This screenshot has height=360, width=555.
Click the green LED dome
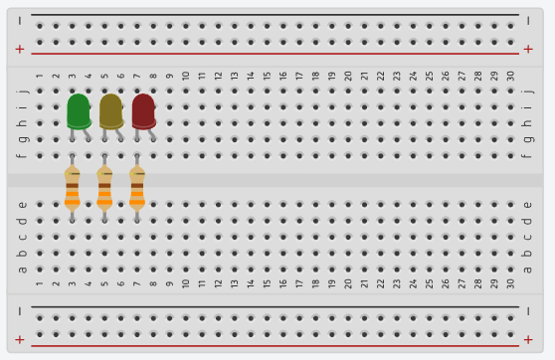click(79, 111)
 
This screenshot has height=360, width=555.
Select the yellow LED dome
click(111, 111)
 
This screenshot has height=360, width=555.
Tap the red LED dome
click(143, 111)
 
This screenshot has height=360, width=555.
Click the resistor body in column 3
click(73, 188)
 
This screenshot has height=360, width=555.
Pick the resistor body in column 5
click(104, 188)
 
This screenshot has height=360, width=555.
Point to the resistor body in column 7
click(137, 188)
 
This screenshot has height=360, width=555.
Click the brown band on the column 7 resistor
click(137, 186)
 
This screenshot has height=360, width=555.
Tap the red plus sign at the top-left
click(20, 49)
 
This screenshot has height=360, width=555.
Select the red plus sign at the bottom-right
click(528, 340)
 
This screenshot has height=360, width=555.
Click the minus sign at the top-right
click(528, 21)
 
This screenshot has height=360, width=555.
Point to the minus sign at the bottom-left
click(20, 311)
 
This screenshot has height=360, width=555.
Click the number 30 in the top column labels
click(510, 76)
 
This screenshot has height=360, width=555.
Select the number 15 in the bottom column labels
click(267, 283)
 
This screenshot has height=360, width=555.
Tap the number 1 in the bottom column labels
click(40, 283)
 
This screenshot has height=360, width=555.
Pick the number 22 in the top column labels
click(380, 76)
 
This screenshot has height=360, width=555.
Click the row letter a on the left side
click(22, 270)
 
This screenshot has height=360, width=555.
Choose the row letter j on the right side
click(527, 90)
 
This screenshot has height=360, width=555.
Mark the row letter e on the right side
click(527, 205)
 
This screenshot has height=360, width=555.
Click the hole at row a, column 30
click(510, 270)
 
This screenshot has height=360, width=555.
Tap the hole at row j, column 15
click(267, 90)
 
